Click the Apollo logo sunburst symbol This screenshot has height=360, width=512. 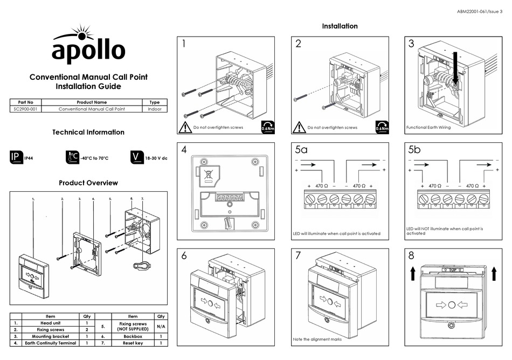tap(81, 33)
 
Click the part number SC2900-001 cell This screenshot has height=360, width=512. tap(25, 109)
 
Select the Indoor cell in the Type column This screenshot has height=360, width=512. tap(154, 109)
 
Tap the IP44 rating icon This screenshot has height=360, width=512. tap(16, 157)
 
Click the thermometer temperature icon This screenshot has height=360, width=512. tap(72, 157)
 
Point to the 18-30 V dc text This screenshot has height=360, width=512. tap(157, 158)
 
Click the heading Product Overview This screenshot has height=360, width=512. tap(88, 183)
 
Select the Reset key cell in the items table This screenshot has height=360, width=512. tap(133, 343)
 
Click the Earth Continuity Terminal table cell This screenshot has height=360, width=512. tap(51, 343)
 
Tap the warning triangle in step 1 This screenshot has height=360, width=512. tap(185, 128)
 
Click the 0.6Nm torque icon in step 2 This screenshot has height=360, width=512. tap(382, 127)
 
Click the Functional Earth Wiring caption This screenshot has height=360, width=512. tap(428, 128)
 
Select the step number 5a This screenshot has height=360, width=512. tap(301, 150)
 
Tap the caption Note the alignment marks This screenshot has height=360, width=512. tap(317, 339)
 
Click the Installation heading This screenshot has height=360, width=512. tap(340, 26)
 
